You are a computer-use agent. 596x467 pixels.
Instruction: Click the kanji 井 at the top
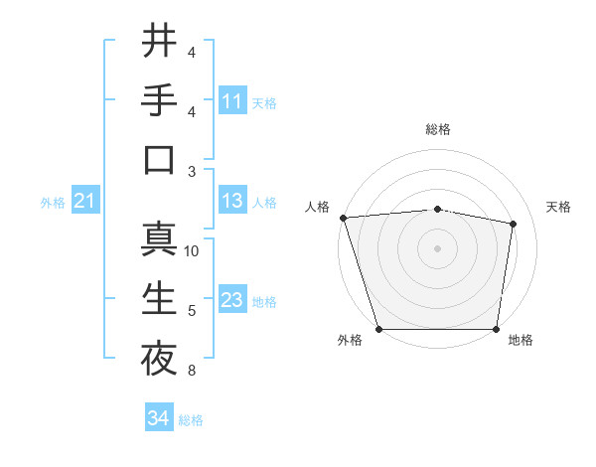coord(159,42)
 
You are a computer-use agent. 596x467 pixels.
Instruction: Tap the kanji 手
coord(159,100)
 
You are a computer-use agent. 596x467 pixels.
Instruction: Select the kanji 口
coord(159,159)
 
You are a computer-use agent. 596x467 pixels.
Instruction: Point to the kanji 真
coord(159,238)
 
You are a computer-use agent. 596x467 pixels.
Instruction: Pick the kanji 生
coord(159,298)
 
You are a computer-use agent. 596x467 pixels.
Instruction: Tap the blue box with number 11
coord(232,101)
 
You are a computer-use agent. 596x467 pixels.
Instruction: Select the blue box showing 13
coord(232,202)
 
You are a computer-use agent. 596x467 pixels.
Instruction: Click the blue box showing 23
coord(232,300)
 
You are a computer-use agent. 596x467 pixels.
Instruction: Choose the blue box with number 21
coord(85,202)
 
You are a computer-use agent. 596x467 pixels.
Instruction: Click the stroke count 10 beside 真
coord(192,251)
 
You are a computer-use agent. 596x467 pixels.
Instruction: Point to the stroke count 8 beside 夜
coord(192,372)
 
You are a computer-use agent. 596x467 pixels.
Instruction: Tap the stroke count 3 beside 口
coord(192,172)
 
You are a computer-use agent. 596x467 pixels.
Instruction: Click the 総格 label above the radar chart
coord(437,129)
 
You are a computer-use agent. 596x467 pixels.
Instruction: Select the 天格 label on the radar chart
coord(558,207)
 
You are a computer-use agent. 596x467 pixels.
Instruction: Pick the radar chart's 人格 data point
coord(343,218)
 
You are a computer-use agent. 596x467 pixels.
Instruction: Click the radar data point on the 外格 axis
coord(379,329)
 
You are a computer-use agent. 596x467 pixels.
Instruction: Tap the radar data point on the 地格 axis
coord(496,329)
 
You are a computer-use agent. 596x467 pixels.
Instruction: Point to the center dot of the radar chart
coord(437,248)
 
